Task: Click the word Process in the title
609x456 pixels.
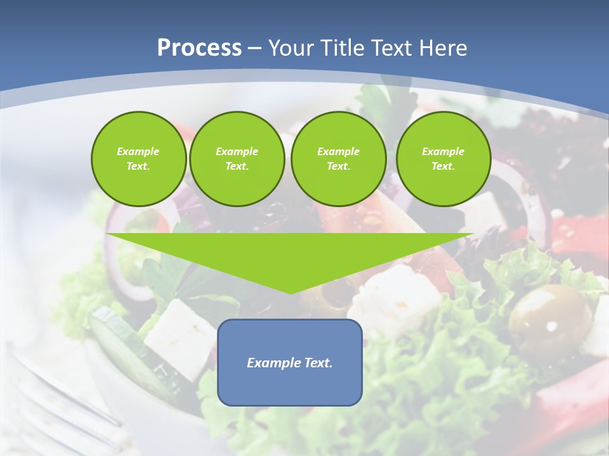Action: (199, 48)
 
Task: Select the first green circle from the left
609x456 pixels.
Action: (138, 159)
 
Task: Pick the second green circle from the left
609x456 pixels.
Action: (237, 159)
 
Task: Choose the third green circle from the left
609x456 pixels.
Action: (338, 159)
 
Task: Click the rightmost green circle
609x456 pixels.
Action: (443, 159)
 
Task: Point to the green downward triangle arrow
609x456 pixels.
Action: (290, 256)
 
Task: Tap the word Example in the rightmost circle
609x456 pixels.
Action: (443, 151)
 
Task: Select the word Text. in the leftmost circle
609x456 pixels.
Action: (138, 167)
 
